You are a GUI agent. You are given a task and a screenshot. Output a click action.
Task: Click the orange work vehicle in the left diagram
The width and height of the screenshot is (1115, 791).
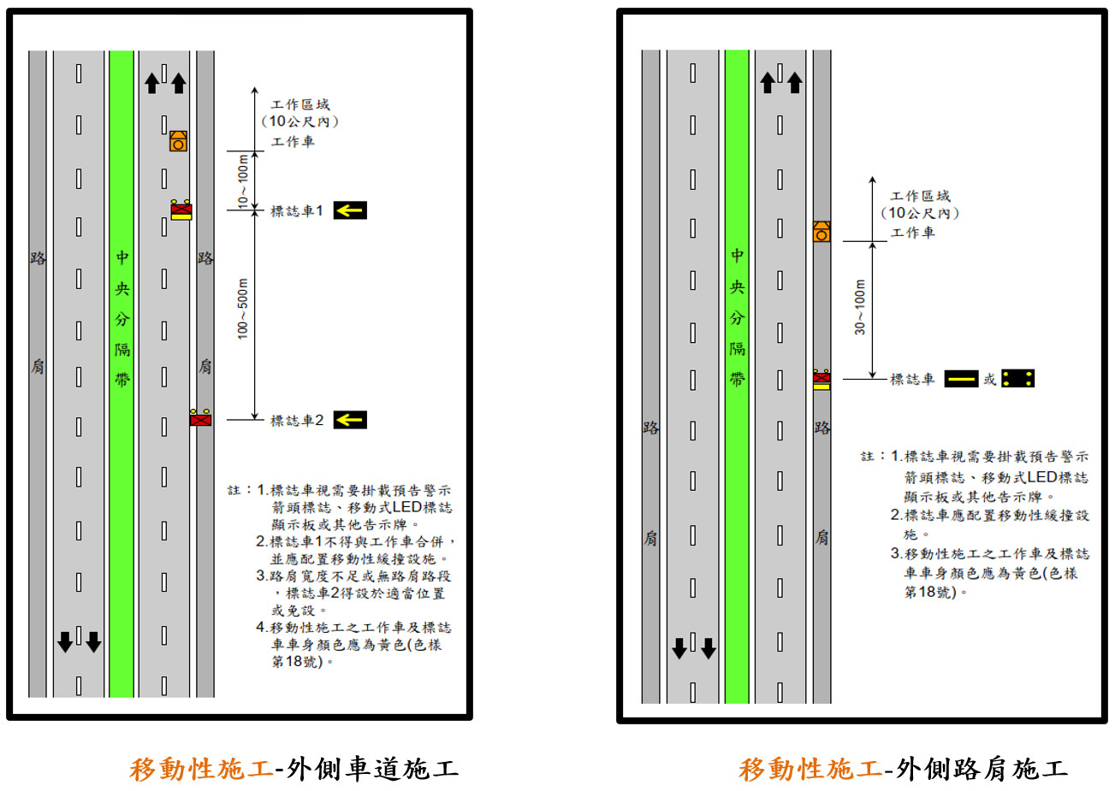click(178, 141)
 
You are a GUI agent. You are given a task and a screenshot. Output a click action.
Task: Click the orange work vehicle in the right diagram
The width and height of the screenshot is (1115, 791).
click(821, 232)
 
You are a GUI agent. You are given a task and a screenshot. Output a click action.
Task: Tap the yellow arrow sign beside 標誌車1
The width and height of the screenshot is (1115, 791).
click(350, 210)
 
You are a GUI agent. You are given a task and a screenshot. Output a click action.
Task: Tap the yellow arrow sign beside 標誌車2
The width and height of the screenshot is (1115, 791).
click(350, 420)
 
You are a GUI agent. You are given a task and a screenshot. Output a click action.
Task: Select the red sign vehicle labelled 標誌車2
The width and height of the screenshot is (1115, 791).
click(200, 418)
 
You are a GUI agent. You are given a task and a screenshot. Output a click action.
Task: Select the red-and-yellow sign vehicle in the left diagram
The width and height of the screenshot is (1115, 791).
click(181, 210)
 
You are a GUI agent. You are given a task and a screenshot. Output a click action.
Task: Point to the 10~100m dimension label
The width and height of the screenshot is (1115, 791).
click(242, 181)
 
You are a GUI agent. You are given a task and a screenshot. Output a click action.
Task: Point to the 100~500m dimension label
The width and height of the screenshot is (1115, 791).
click(242, 309)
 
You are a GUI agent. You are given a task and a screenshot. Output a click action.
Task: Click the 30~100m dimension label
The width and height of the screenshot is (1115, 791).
click(860, 307)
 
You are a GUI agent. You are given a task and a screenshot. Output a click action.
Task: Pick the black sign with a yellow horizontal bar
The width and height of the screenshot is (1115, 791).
click(961, 379)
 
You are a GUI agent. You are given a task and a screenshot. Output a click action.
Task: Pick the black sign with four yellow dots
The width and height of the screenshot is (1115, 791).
click(1018, 379)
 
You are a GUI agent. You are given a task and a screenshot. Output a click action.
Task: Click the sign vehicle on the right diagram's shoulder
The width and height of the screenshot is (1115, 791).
click(821, 379)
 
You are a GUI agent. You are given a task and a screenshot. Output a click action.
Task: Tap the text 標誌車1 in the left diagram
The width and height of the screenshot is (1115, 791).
click(297, 211)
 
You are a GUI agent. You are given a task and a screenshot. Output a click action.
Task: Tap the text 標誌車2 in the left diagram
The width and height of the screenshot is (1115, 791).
click(297, 421)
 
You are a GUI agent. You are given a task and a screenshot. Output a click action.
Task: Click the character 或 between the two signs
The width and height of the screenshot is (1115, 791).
click(989, 380)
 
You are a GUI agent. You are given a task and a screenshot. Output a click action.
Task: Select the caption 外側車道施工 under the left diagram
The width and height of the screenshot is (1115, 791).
click(372, 769)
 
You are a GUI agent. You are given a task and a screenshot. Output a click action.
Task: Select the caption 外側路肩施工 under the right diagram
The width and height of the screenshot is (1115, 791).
click(982, 769)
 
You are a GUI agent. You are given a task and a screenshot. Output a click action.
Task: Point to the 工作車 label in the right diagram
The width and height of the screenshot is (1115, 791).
click(912, 233)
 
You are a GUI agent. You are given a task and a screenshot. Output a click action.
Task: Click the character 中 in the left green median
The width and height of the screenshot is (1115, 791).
click(122, 257)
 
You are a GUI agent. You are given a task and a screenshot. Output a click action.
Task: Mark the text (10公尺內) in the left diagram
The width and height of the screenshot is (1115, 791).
click(300, 121)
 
